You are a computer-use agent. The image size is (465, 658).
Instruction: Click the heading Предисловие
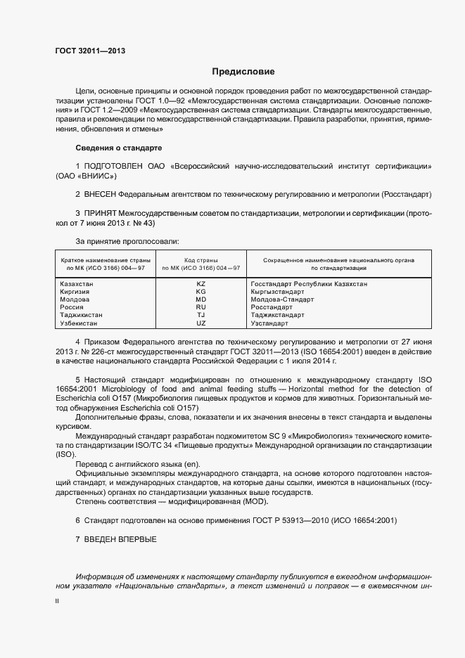coord(243,72)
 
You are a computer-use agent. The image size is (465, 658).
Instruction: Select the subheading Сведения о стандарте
coord(119,148)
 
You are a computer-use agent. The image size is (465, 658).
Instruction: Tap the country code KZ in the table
coord(201,284)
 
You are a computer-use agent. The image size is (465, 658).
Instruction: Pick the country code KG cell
coord(201,292)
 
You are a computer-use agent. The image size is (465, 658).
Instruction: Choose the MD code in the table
coord(201,299)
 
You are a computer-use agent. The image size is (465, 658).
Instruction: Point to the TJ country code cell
coord(201,316)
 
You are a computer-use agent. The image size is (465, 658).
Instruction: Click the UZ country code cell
coord(201,323)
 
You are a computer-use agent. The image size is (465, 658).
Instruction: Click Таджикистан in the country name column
coord(82,316)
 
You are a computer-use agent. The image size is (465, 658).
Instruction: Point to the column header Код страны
coord(201,260)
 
